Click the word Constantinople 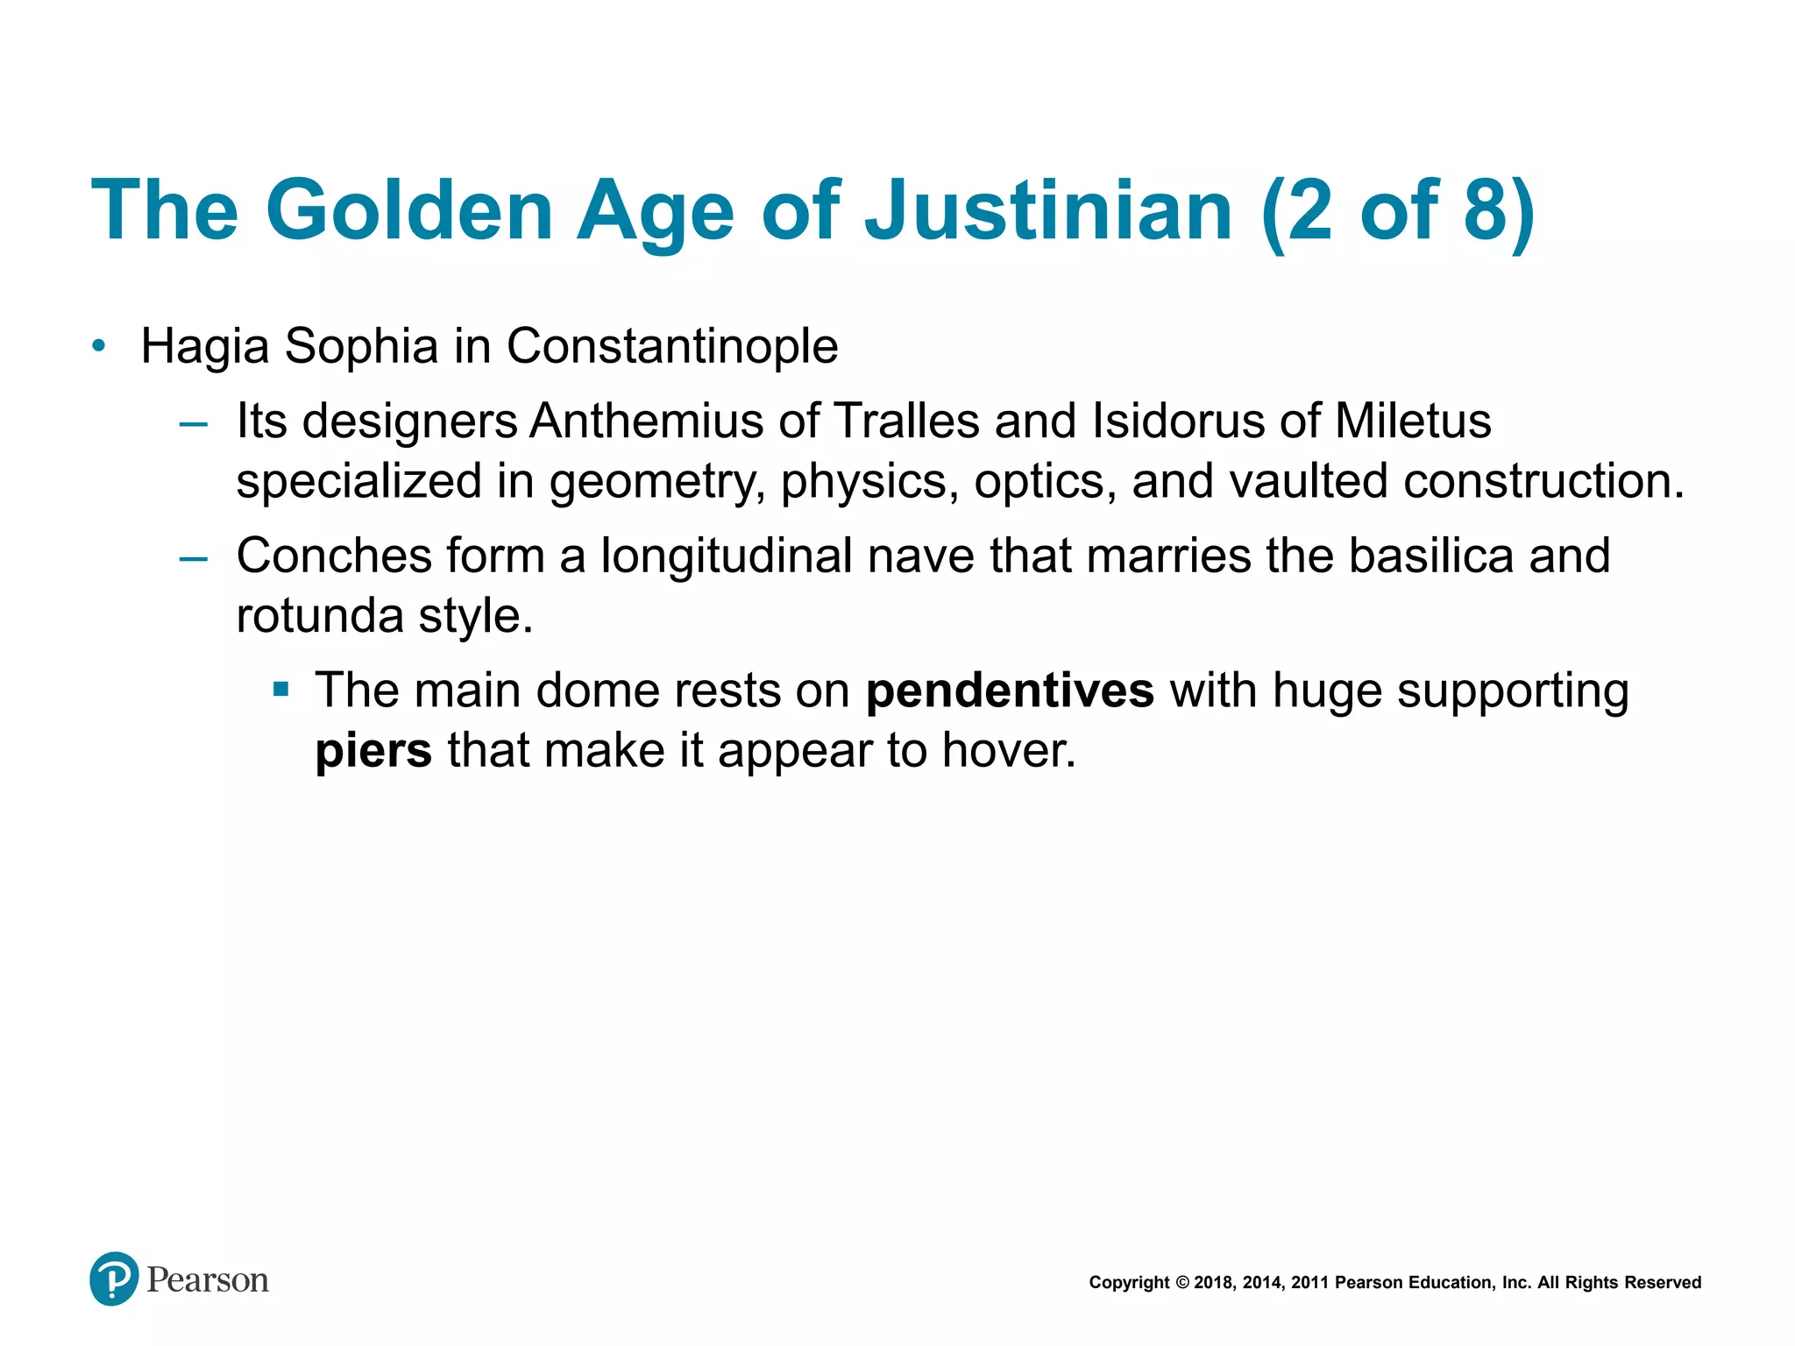[x=672, y=346]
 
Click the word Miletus [x=1413, y=421]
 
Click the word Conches [x=334, y=556]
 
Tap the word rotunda [x=319, y=615]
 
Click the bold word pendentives [x=1010, y=691]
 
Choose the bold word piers [x=373, y=751]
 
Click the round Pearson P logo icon [x=114, y=1279]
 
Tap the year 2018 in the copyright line [x=1213, y=1283]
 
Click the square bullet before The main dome [x=280, y=689]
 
